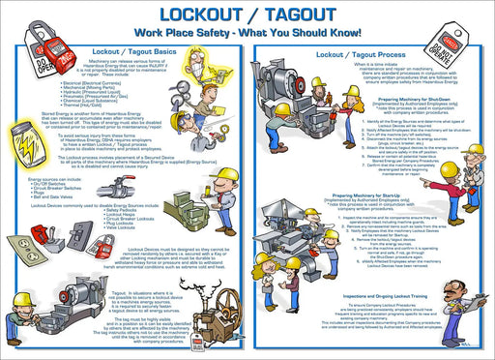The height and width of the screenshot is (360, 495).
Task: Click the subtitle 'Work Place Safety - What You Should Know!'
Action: (x=248, y=34)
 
